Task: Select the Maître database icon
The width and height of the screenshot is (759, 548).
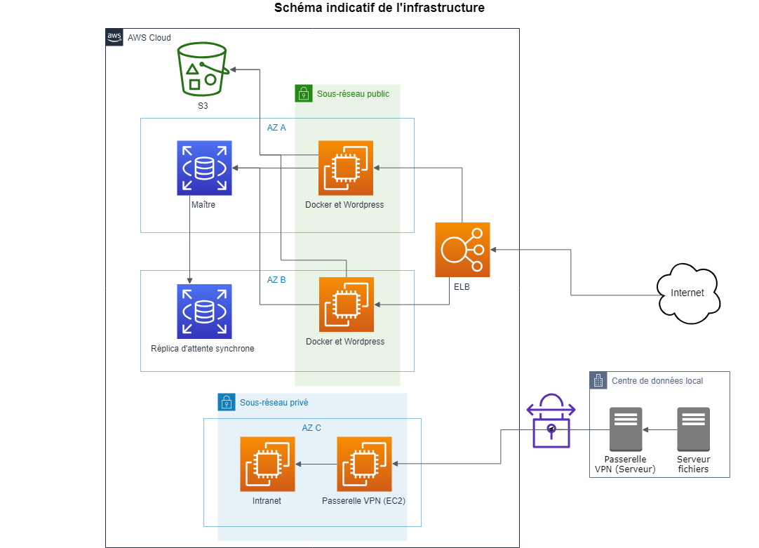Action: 204,168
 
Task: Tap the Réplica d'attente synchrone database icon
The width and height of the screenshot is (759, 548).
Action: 204,312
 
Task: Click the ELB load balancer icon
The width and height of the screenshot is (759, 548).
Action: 462,250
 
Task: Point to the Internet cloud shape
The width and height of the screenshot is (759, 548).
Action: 689,293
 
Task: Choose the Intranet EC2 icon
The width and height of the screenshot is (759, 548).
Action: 267,464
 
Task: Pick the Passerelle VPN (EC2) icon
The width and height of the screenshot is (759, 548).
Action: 364,464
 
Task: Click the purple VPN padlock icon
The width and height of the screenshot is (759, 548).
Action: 551,420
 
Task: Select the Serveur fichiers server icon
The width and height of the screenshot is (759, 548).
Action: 693,429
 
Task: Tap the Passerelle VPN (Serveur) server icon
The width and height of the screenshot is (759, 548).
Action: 626,429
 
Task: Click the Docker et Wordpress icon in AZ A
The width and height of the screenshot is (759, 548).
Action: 346,168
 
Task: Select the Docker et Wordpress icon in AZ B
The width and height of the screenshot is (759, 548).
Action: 347,305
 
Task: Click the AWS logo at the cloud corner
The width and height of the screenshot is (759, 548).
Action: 114,37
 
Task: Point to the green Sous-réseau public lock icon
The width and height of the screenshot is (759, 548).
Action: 303,93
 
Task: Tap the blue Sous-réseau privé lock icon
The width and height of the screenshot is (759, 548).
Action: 227,402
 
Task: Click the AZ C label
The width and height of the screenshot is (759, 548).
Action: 311,427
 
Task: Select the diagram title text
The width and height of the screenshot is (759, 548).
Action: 379,8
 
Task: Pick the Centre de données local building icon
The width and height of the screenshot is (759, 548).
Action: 598,380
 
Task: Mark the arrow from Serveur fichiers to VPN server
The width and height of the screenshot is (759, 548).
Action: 659,429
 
